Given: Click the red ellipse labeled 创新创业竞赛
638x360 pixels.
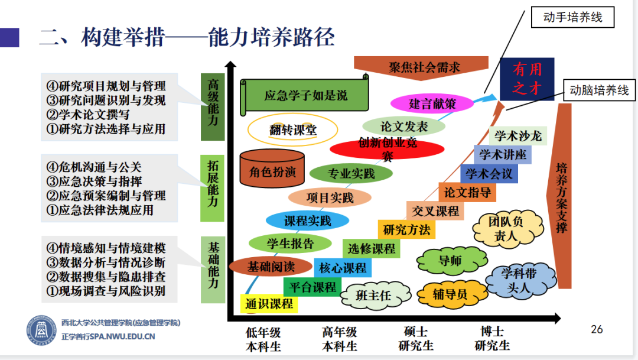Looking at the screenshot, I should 386,150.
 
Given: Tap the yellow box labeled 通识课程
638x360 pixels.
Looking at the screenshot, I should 269,304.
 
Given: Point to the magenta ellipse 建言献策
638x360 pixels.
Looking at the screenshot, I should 432,103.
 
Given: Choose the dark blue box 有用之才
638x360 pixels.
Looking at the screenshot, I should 526,79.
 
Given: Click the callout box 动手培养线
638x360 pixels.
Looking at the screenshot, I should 572,17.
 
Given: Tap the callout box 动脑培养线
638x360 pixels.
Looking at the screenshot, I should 598,91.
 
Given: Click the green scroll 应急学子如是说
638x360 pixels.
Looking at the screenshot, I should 305,95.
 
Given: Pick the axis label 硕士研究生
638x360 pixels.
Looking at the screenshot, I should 416,339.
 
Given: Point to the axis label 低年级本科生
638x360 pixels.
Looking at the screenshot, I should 263,339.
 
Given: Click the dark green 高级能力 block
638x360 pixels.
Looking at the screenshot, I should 213,107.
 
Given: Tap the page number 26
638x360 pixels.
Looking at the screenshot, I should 597,329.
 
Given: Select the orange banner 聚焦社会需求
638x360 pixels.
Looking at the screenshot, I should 424,66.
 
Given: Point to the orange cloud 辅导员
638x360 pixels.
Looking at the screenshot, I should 450,294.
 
